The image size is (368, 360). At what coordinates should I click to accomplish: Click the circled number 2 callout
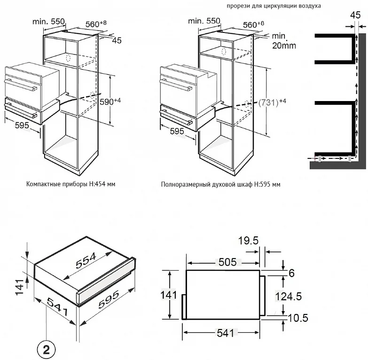click(46, 350)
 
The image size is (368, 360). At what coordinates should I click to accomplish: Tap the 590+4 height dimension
click(110, 102)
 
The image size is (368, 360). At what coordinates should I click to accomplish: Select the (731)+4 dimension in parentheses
click(272, 102)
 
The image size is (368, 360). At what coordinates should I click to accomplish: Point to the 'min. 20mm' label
click(284, 41)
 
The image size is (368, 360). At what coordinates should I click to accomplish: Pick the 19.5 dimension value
click(248, 241)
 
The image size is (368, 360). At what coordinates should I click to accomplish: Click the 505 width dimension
click(227, 262)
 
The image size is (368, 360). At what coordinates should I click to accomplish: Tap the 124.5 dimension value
click(289, 297)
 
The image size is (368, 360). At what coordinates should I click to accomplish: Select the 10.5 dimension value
click(298, 318)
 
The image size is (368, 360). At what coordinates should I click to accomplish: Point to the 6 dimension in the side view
click(291, 273)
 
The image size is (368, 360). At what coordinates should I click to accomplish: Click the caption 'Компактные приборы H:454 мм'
click(70, 184)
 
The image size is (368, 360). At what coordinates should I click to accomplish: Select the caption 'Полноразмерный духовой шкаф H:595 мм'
click(220, 184)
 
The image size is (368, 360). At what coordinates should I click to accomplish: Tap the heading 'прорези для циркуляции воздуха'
click(274, 6)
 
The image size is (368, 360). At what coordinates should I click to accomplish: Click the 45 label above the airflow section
click(355, 15)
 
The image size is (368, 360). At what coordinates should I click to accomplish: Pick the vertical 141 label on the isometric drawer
click(20, 287)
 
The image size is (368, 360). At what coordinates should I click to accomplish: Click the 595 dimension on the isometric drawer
click(109, 299)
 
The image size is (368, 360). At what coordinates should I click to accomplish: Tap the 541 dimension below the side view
click(225, 333)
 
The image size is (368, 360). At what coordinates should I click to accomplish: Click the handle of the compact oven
click(21, 85)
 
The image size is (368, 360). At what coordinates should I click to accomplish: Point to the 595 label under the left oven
click(22, 125)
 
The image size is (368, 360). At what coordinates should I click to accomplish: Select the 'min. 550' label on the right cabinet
click(204, 21)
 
